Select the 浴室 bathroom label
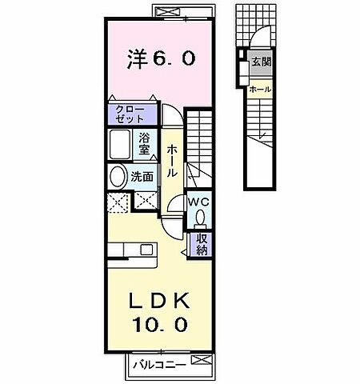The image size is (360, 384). click(x=145, y=143)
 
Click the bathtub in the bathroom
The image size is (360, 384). click(x=121, y=146)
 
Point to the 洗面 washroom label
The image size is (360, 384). click(x=145, y=176)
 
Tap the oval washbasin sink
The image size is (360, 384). click(x=118, y=177)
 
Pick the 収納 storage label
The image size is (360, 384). click(x=203, y=242)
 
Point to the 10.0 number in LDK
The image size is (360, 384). click(x=160, y=325)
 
